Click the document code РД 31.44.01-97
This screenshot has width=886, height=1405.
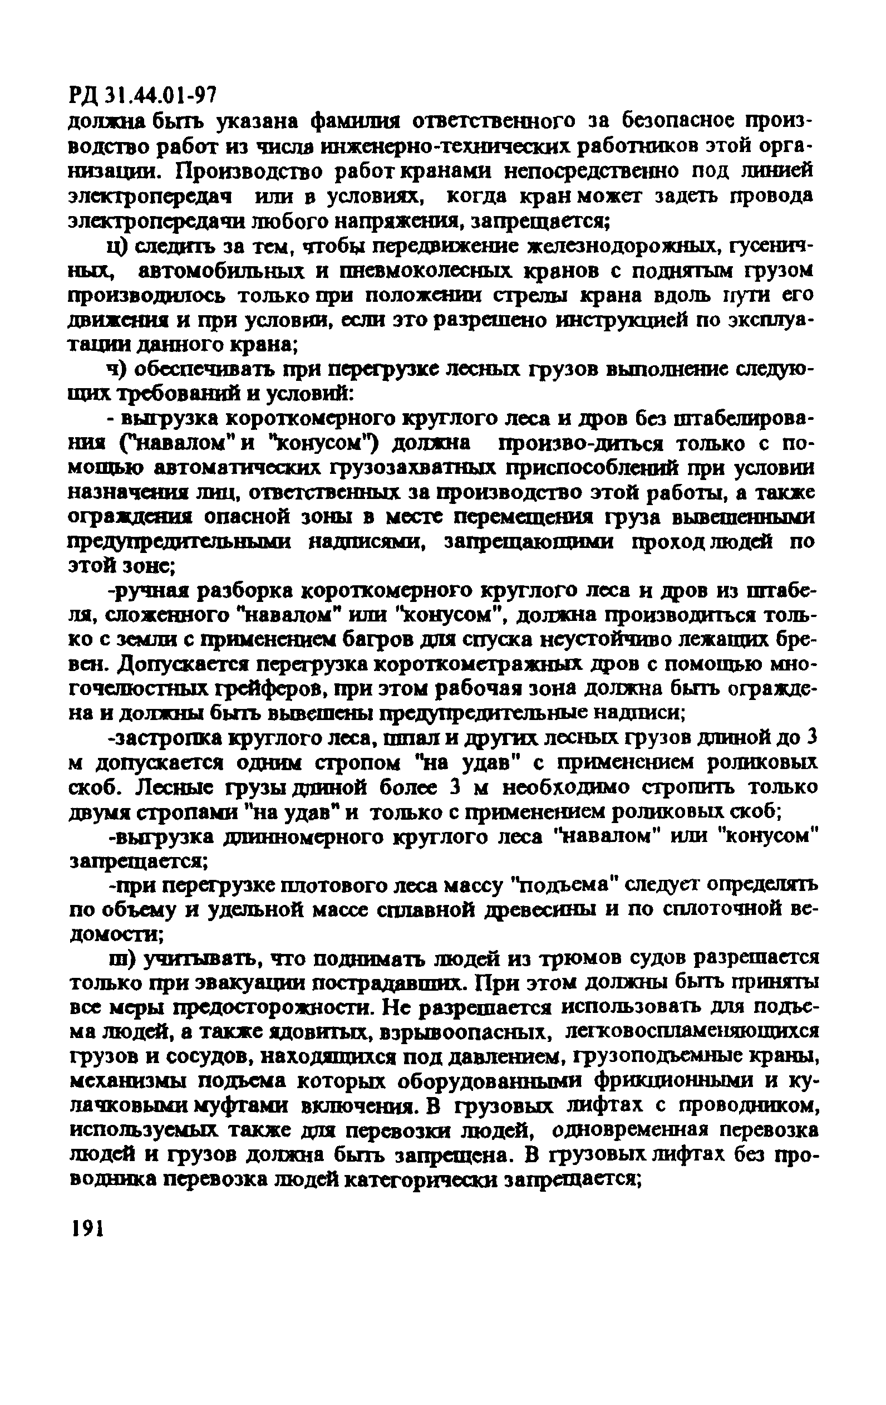point(143,94)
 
